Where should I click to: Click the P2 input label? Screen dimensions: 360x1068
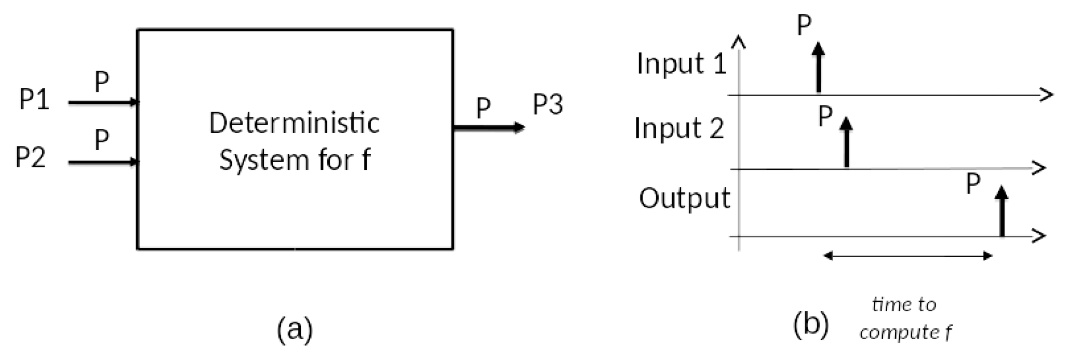pos(31,157)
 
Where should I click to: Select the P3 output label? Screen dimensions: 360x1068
pos(548,105)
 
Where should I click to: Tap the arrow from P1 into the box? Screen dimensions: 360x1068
pos(103,102)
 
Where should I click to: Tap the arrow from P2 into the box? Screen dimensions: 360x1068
pos(103,163)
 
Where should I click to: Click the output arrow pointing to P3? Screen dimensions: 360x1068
pos(489,127)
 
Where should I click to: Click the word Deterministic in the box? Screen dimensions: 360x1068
pos(294,124)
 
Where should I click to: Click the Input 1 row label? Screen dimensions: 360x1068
pos(681,64)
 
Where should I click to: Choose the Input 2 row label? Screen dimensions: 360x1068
pos(679,128)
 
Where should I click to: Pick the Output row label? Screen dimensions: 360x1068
pos(684,198)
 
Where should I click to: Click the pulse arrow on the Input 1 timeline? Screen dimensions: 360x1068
pos(819,68)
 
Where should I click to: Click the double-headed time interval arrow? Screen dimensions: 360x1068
pos(908,256)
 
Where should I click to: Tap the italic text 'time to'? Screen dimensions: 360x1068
pos(904,304)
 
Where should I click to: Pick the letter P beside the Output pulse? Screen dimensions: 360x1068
pos(973,183)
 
